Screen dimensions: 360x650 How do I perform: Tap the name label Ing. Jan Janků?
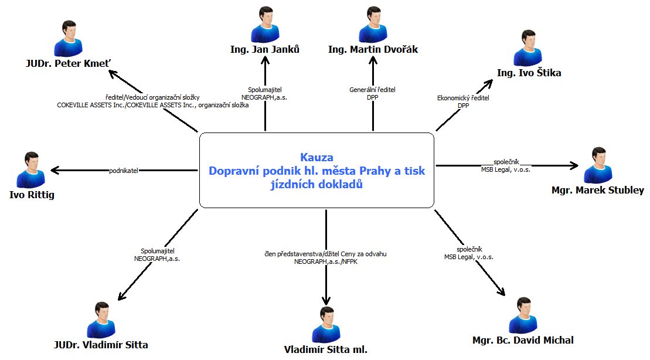pyautogui.click(x=265, y=49)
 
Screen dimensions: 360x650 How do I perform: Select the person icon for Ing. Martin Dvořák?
pyautogui.click(x=373, y=24)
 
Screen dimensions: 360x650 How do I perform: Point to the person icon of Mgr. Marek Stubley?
pyautogui.click(x=598, y=165)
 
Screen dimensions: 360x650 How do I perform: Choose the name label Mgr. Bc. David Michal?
pyautogui.click(x=523, y=340)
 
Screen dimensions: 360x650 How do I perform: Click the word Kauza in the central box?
pyautogui.click(x=317, y=157)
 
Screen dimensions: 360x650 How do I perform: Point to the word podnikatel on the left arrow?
pyautogui.click(x=124, y=171)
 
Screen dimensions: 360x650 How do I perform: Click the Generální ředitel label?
pyautogui.click(x=373, y=90)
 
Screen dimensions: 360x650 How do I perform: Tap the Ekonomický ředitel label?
pyautogui.click(x=463, y=98)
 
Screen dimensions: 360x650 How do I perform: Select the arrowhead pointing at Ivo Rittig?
pyautogui.click(x=55, y=171)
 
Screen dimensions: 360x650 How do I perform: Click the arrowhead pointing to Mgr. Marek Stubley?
pyautogui.click(x=574, y=166)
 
